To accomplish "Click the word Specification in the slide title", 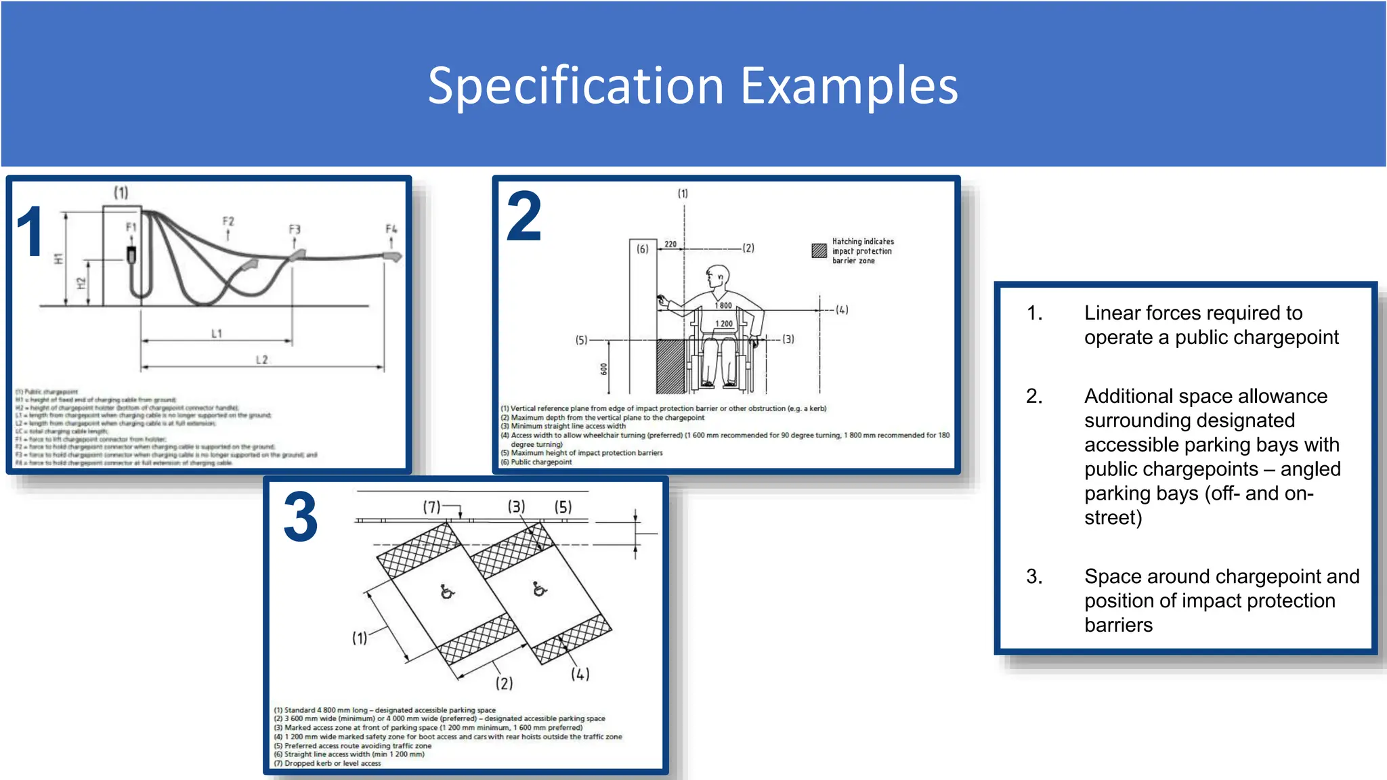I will click(x=577, y=86).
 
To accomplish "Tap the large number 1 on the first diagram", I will click(x=30, y=232).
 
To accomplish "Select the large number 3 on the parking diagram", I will click(x=301, y=518).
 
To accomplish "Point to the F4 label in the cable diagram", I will click(x=391, y=229).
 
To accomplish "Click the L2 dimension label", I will click(x=262, y=360).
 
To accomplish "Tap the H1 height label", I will click(x=58, y=259).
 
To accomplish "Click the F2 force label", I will click(x=228, y=221).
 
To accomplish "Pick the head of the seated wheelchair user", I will click(x=718, y=276).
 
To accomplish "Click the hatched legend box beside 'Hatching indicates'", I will click(x=819, y=251).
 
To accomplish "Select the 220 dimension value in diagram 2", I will click(x=670, y=244).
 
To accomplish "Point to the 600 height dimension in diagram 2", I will click(x=604, y=369).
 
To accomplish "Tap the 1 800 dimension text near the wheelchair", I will click(x=724, y=305).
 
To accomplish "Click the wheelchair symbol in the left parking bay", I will click(x=447, y=592).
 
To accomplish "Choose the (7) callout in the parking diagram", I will click(x=431, y=506).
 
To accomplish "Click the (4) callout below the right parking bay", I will click(x=580, y=674).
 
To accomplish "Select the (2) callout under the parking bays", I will click(x=504, y=683).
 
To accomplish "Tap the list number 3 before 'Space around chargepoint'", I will click(x=1033, y=576).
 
